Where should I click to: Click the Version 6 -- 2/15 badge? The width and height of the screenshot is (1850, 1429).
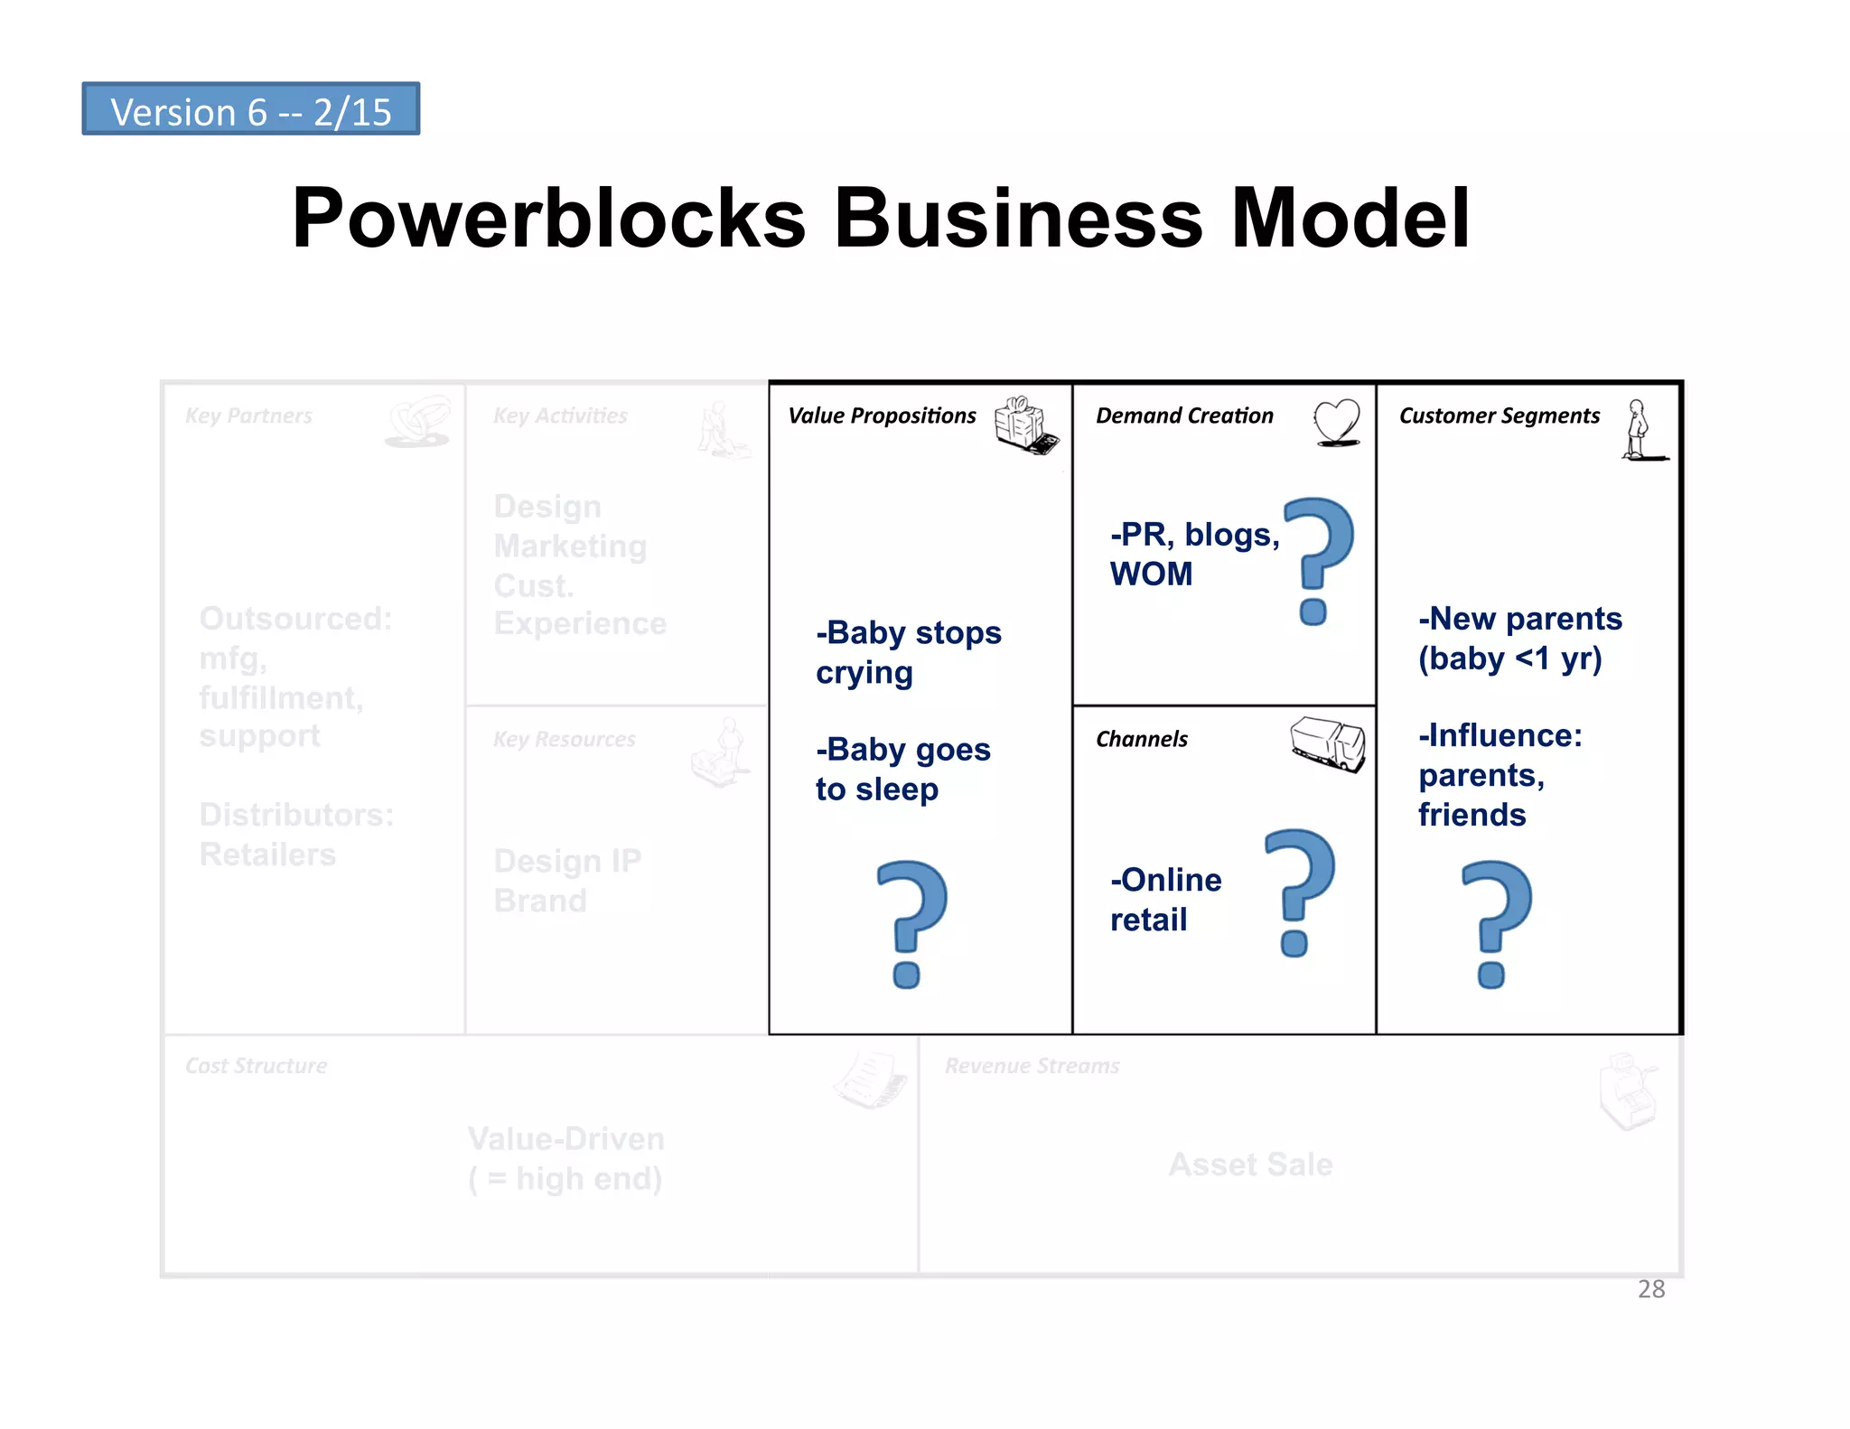(251, 109)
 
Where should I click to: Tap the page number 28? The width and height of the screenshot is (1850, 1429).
(1650, 1289)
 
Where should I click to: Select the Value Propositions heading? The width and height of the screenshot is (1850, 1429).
(882, 416)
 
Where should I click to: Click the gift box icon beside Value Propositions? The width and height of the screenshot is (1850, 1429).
(1025, 425)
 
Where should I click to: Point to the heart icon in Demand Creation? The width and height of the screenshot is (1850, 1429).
(1336, 422)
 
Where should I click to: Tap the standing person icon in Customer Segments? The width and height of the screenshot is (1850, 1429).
(1639, 430)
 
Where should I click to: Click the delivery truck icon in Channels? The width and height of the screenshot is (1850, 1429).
(1327, 743)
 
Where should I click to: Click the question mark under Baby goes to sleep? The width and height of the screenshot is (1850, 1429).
(911, 923)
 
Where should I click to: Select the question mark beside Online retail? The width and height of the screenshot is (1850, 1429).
(1299, 892)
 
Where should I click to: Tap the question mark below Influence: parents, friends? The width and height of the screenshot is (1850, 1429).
(1496, 923)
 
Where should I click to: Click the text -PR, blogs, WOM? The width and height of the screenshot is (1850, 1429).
(1193, 554)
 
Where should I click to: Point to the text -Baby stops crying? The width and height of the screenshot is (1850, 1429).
(908, 652)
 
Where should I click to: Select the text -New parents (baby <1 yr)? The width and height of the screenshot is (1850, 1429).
(1519, 639)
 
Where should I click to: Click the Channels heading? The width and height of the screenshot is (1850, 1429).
(1142, 739)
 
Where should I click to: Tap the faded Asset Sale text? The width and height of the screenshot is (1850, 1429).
(1250, 1164)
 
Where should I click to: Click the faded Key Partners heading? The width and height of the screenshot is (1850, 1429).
(248, 416)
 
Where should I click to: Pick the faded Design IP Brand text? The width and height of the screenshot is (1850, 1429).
(566, 881)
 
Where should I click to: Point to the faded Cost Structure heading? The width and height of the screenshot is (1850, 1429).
(256, 1066)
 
